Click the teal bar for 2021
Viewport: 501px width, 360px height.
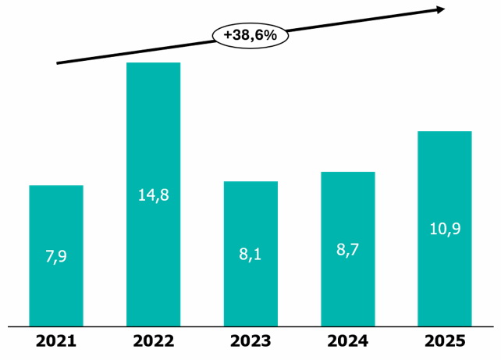pyautogui.click(x=56, y=256)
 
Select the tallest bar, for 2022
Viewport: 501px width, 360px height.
pyautogui.click(x=154, y=194)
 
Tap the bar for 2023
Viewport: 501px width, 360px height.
pyautogui.click(x=250, y=254)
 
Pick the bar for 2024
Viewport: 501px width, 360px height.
pyautogui.click(x=348, y=249)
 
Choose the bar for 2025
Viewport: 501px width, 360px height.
pyautogui.click(x=445, y=229)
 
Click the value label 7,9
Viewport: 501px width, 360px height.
pyautogui.click(x=56, y=256)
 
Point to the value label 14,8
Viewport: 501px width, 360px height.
pyautogui.click(x=154, y=195)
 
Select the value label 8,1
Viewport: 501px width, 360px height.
pyautogui.click(x=250, y=255)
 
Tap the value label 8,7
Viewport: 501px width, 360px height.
pyautogui.click(x=347, y=250)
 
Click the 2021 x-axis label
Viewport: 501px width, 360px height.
pyautogui.click(x=56, y=341)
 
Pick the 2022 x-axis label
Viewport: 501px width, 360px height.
pyautogui.click(x=154, y=341)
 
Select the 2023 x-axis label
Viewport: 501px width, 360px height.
pyautogui.click(x=250, y=341)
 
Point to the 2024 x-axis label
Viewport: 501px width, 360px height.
pyautogui.click(x=347, y=341)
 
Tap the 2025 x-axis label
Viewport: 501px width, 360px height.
pyautogui.click(x=445, y=341)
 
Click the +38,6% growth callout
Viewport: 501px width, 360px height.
pyautogui.click(x=250, y=35)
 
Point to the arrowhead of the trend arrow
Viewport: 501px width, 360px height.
pyautogui.click(x=445, y=9)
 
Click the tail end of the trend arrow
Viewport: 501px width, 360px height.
pyautogui.click(x=57, y=63)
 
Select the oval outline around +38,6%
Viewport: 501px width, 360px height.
pyautogui.click(x=250, y=23)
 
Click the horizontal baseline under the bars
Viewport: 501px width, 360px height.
pyautogui.click(x=250, y=326)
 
